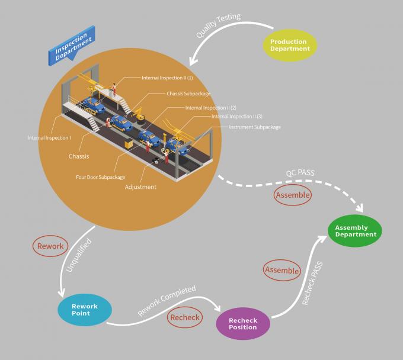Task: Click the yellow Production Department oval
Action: pos(289,46)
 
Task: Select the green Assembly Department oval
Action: pos(356,231)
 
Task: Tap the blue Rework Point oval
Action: pos(85,309)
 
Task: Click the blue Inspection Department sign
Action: pos(72,46)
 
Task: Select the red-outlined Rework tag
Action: pos(50,246)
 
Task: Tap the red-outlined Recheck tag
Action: pos(185,318)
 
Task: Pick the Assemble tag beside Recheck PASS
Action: pos(282,270)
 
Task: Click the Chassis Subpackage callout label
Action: pos(188,94)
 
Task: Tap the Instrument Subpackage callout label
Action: pos(255,127)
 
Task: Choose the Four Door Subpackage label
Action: pos(100,176)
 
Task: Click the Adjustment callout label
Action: pos(140,187)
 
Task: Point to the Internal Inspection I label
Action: pos(50,138)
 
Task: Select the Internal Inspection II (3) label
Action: pos(237,117)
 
